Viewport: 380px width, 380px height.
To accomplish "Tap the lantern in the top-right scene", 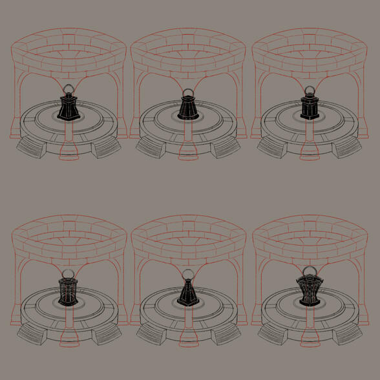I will (x=308, y=107).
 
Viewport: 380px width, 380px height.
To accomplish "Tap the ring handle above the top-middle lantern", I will (x=188, y=92).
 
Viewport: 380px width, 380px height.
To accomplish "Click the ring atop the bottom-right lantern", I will (x=308, y=271).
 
